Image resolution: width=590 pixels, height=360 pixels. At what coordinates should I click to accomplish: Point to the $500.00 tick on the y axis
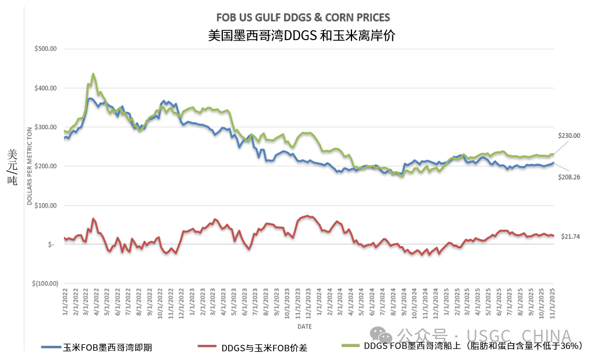coord(45,49)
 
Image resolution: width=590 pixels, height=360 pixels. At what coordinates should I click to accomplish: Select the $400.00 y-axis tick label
coord(45,88)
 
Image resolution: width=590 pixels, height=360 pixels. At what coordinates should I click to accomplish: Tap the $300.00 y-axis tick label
coord(45,127)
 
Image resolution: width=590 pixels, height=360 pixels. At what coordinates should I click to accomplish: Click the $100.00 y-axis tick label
coord(45,206)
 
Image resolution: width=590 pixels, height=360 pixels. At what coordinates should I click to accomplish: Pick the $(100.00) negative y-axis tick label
coord(44,284)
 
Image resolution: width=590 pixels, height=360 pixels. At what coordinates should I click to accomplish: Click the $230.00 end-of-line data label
coord(570,136)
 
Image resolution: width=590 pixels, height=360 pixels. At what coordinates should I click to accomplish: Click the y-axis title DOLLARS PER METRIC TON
coord(29,166)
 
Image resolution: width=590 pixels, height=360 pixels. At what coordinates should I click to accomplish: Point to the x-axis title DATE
coord(304,327)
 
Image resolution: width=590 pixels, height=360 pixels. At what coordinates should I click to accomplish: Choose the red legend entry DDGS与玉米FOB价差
coord(264,348)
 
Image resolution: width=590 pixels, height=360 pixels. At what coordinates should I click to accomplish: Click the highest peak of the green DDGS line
coord(93,74)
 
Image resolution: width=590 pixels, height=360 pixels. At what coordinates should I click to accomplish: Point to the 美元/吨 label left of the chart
coord(13,166)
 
